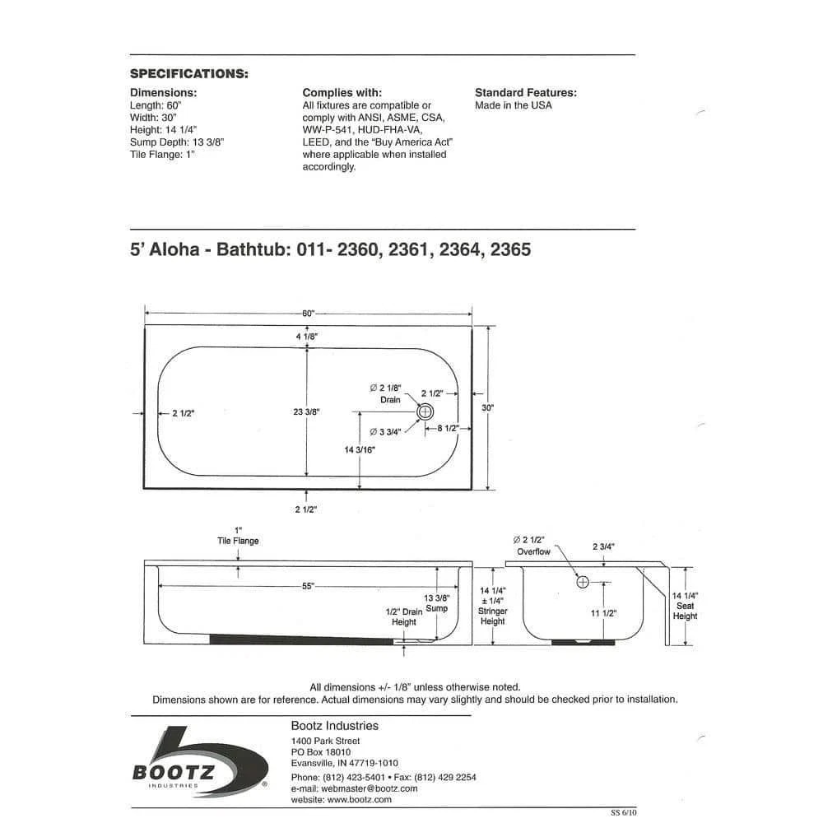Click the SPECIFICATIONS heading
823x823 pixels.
click(x=189, y=74)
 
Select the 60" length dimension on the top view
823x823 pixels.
click(x=308, y=314)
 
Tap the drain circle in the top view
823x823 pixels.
click(x=425, y=411)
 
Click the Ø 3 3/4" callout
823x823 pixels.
click(x=385, y=431)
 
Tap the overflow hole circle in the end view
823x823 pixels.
click(x=584, y=582)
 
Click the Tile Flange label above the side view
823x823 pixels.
click(x=238, y=541)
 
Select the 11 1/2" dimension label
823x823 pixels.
click(x=604, y=612)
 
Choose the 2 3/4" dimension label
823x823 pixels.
click(x=604, y=546)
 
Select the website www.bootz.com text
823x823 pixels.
click(x=342, y=799)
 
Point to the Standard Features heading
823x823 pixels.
click(x=526, y=93)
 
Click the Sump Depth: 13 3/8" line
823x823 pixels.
click(x=177, y=142)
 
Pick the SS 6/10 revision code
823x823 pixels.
click(x=623, y=811)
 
